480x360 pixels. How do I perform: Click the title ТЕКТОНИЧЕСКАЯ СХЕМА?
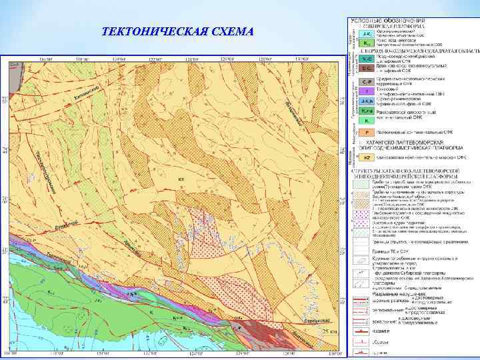(x=178, y=32)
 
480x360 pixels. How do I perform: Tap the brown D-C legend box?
(x=366, y=67)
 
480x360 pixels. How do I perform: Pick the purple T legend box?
(x=366, y=91)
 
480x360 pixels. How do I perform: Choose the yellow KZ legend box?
(x=366, y=158)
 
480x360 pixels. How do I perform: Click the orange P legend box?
(x=366, y=133)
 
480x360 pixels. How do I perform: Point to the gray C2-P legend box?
(x=366, y=80)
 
